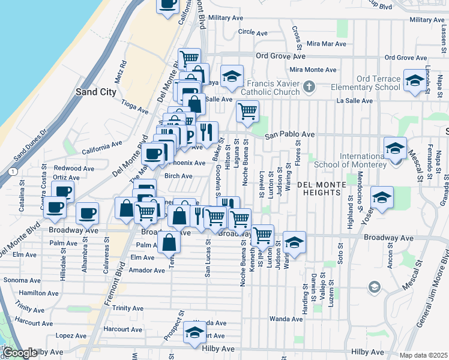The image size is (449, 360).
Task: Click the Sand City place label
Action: click(95, 92)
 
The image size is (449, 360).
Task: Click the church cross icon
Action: click(309, 87)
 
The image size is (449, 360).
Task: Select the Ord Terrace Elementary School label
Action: click(366, 83)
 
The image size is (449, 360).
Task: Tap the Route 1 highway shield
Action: click(13, 172)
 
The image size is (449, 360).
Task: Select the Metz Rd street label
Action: click(121, 71)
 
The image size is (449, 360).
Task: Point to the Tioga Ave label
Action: click(134, 107)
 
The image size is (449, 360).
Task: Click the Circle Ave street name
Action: click(252, 31)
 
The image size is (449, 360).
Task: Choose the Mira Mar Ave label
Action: click(327, 44)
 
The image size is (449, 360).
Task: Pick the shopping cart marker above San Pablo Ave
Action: click(247, 112)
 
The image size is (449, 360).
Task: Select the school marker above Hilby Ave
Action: click(194, 333)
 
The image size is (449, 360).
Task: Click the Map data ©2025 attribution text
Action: click(424, 355)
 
